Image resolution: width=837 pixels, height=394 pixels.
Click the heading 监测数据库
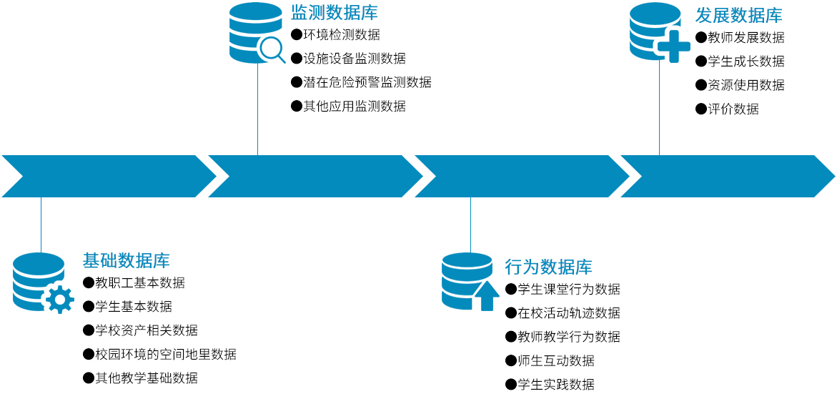tap(334, 12)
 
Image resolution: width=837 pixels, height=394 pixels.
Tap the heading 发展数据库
tap(738, 15)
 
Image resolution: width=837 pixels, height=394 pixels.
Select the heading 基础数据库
tap(126, 260)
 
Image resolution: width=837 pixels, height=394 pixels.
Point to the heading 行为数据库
tap(548, 267)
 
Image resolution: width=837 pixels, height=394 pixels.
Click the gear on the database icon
tap(59, 299)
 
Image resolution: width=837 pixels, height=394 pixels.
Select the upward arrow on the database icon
tap(487, 295)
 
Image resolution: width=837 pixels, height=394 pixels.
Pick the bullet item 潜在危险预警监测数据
tap(367, 82)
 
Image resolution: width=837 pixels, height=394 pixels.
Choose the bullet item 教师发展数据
tap(746, 37)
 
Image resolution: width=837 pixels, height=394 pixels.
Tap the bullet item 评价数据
tap(733, 109)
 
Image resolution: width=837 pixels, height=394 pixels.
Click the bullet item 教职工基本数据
tap(139, 282)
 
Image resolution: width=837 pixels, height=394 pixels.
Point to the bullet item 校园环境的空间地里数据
tap(165, 354)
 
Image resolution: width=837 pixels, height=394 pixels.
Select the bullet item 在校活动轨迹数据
tap(568, 312)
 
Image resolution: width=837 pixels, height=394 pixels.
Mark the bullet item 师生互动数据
tap(555, 360)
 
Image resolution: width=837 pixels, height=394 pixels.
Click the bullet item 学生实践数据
tap(555, 384)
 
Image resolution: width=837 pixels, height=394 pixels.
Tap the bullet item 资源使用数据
tap(746, 85)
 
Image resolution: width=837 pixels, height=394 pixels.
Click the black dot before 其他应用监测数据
tap(296, 106)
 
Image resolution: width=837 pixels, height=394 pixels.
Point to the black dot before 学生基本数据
tap(89, 307)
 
